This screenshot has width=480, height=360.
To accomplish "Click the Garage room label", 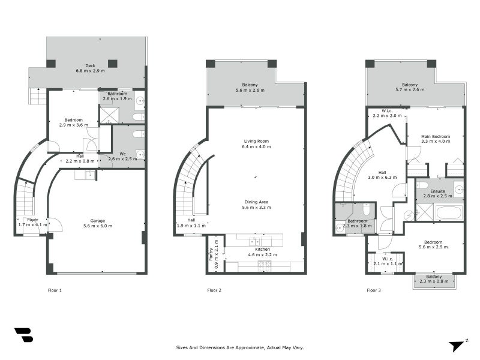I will [x=97, y=220].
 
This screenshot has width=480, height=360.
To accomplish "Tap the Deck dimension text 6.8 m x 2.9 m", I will [x=90, y=71].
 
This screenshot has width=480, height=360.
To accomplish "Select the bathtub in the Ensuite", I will [x=449, y=212].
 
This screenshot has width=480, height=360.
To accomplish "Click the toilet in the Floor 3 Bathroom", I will [x=365, y=210].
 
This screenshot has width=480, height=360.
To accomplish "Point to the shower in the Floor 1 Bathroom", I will [x=109, y=115].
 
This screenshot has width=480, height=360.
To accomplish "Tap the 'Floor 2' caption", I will [x=214, y=290].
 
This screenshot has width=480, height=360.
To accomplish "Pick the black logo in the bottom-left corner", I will [x=23, y=335].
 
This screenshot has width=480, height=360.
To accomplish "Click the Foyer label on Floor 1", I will [x=32, y=220].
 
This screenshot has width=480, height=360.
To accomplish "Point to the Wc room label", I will [x=122, y=154].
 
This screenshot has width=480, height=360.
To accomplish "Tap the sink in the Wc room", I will [x=140, y=154].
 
